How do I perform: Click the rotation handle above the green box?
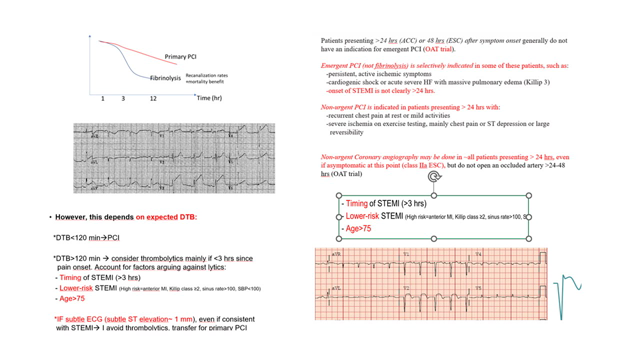click(433, 178)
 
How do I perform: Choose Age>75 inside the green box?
click(361, 229)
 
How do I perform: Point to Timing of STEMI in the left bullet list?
click(93, 277)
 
